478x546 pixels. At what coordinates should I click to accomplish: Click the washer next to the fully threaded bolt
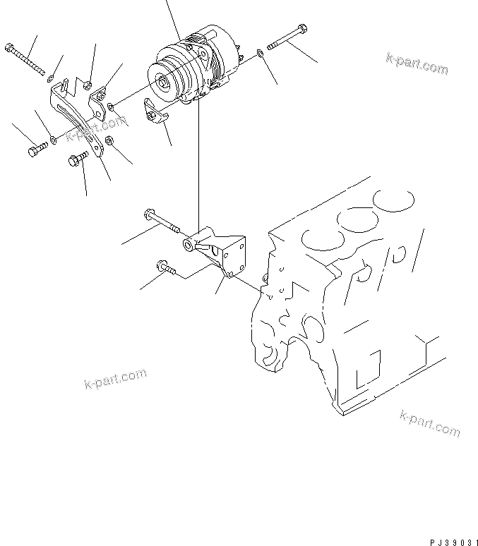pos(52,73)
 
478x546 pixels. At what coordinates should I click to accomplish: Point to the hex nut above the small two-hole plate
pos(87,85)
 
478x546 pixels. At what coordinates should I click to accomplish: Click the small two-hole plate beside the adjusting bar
pos(102,97)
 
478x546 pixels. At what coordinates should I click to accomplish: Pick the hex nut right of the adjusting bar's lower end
pos(109,142)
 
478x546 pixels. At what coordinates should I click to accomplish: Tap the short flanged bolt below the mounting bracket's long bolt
pos(162,267)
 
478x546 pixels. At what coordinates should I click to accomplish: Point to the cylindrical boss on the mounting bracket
pos(190,245)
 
